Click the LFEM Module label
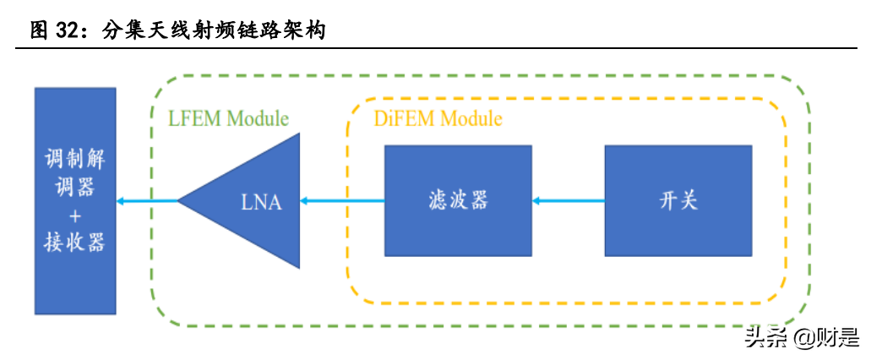click(228, 118)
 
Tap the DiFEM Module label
click(438, 118)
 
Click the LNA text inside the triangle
click(260, 202)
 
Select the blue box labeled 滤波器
click(458, 201)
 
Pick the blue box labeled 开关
click(678, 201)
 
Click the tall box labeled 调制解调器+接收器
click(74, 199)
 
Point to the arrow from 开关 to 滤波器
click(568, 201)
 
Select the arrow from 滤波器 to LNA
click(342, 201)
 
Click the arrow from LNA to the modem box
click(148, 201)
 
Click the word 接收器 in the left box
click(74, 243)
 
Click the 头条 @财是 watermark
click(800, 338)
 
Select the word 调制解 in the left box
click(74, 159)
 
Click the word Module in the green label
click(258, 118)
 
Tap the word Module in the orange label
click(471, 118)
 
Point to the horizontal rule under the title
click(435, 48)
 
